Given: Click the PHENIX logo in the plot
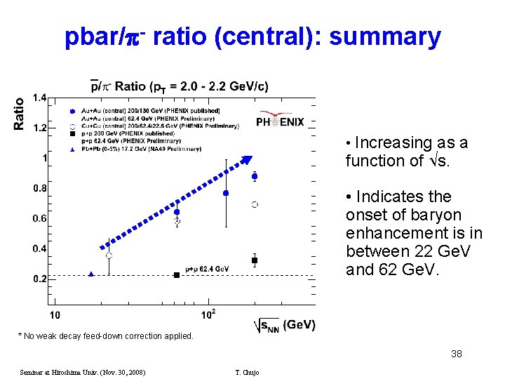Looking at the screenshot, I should click(x=280, y=119).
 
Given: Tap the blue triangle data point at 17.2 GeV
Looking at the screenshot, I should click(x=91, y=274).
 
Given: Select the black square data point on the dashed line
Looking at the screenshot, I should click(x=177, y=275).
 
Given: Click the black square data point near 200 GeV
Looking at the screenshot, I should click(x=255, y=260).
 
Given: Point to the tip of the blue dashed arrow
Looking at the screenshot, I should click(x=250, y=157).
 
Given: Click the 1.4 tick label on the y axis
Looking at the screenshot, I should click(x=39, y=98).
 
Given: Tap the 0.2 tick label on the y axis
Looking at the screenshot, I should click(x=39, y=279).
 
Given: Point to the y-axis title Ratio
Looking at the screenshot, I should click(x=19, y=113).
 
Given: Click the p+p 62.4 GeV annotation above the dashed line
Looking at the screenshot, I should click(x=207, y=269).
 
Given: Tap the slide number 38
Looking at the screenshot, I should click(x=456, y=354).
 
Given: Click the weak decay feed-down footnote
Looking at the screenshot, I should click(x=105, y=336).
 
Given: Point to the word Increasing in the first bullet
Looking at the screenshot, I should click(x=384, y=143).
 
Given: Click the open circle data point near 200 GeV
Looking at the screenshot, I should click(x=255, y=204).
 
